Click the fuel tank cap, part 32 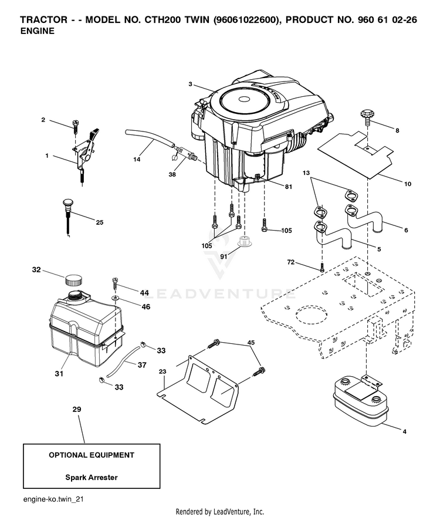(x=73, y=281)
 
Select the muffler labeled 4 (x=360, y=401)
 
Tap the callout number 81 (x=289, y=187)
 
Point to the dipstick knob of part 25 (x=68, y=203)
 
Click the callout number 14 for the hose (x=137, y=160)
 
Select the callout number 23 (x=163, y=371)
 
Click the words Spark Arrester (x=92, y=478)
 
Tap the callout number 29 (x=77, y=409)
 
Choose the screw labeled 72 (x=322, y=268)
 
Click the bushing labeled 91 (x=244, y=241)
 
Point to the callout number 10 (x=408, y=184)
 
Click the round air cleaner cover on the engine (x=245, y=100)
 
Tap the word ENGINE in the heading (x=37, y=31)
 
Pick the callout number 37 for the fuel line (x=142, y=365)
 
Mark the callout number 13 (x=306, y=173)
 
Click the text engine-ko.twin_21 (x=53, y=499)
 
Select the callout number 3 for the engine (x=190, y=84)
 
